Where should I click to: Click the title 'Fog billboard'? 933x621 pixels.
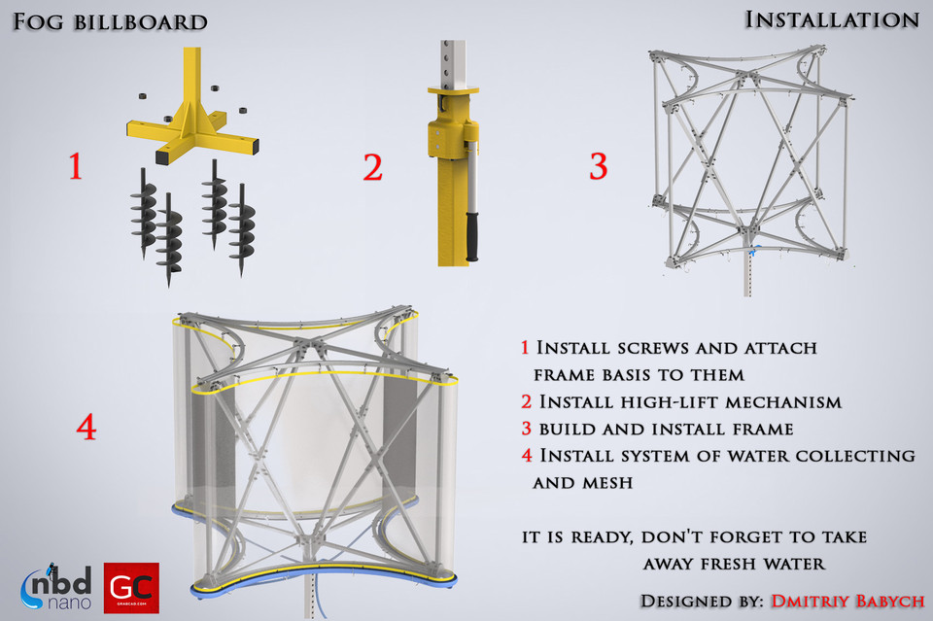110,21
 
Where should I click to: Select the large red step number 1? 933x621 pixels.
75,168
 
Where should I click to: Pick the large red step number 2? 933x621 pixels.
372,168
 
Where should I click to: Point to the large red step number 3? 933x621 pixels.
598,167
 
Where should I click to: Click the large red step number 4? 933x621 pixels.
86,428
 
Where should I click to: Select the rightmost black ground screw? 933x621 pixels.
241,233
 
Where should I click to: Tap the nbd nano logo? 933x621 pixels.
56,588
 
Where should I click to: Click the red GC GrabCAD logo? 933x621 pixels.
131,587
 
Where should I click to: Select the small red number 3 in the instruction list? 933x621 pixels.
525,429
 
